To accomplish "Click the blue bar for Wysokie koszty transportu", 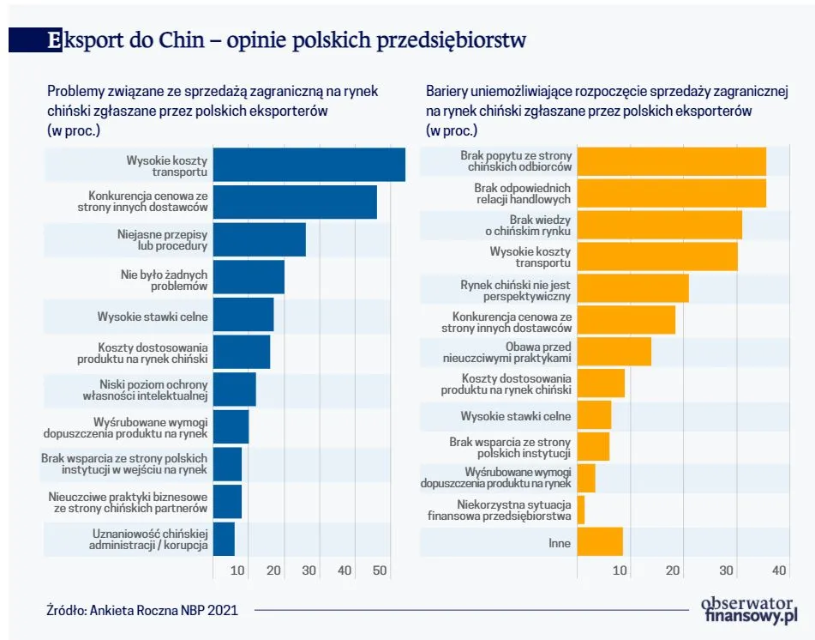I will pyautogui.click(x=309, y=165).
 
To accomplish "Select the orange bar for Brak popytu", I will pyautogui.click(x=671, y=161).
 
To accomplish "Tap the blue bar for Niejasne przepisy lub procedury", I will pyautogui.click(x=259, y=239).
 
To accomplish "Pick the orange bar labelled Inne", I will pyautogui.click(x=600, y=542).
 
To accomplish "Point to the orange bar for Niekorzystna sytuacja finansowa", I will pyautogui.click(x=581, y=510).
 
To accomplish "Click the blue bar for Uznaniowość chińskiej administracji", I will pyautogui.click(x=224, y=539).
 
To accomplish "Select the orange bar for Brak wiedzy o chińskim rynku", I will pyautogui.click(x=659, y=226).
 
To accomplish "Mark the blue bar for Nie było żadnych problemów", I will pyautogui.click(x=249, y=277).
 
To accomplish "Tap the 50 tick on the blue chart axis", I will pyautogui.click(x=381, y=571).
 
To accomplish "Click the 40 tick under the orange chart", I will pyautogui.click(x=779, y=571).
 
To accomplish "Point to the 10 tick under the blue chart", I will pyautogui.click(x=238, y=571).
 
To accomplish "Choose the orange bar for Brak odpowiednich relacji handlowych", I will pyautogui.click(x=671, y=194).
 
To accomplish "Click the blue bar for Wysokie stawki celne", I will pyautogui.click(x=243, y=315).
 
